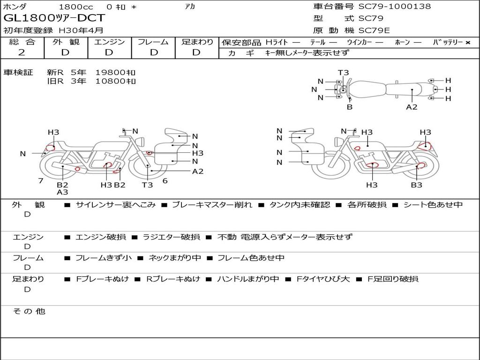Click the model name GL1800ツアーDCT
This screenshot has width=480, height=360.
point(54,18)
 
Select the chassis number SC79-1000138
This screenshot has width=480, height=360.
point(395,6)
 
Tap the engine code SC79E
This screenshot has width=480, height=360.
point(374,30)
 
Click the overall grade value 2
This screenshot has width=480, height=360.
point(22,52)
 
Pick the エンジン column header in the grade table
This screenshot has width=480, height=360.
point(109,42)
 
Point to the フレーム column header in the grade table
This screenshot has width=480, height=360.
point(153,42)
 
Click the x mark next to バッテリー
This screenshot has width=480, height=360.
point(468,43)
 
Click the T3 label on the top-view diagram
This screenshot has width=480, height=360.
point(343,73)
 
